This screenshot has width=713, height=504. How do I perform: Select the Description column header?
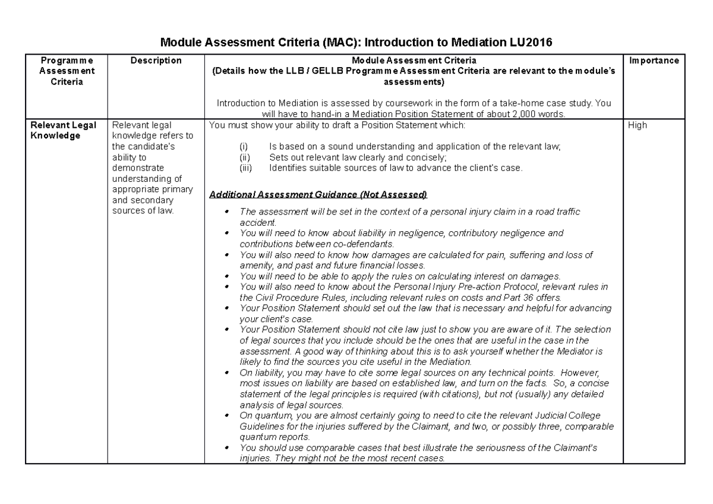click(155, 61)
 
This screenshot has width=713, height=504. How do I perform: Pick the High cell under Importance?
click(638, 126)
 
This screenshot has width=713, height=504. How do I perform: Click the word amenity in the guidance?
click(254, 265)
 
